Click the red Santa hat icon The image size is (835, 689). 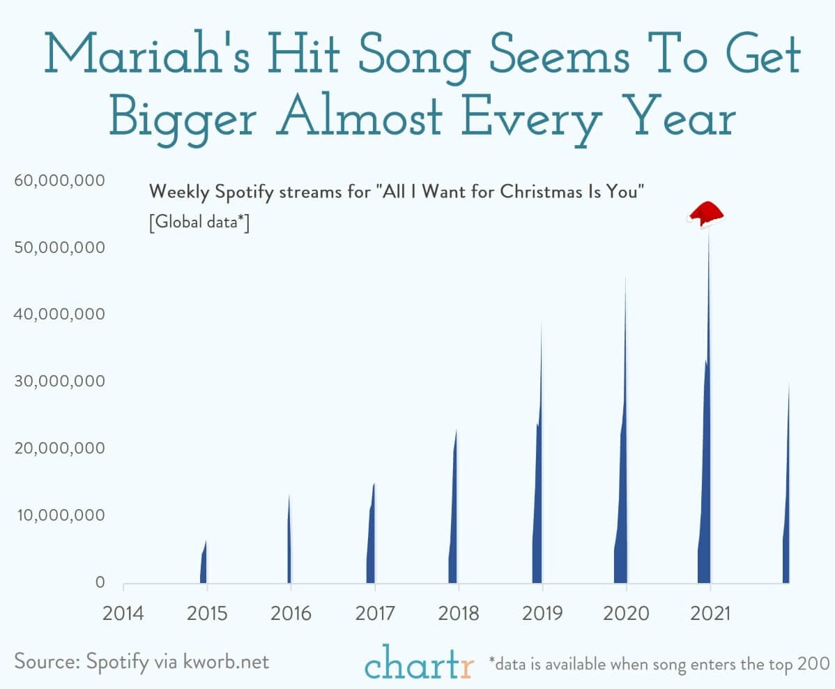coord(705,214)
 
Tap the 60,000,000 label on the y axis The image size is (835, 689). coord(59,181)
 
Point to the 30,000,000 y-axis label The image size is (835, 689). coord(59,381)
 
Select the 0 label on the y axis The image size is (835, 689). coord(100,582)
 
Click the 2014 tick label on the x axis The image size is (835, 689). coord(123,614)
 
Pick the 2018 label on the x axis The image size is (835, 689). coord(459,614)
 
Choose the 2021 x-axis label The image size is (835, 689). coord(710,614)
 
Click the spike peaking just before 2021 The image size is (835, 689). coord(705,488)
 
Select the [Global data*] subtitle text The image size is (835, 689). coord(199,223)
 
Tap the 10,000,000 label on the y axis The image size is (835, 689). coord(59,515)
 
